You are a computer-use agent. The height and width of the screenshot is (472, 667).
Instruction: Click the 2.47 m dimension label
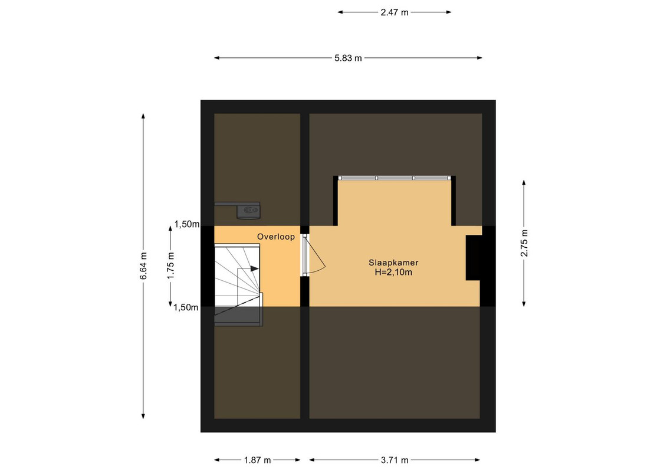click(x=395, y=12)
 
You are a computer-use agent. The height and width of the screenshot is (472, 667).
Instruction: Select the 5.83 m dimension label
click(x=348, y=58)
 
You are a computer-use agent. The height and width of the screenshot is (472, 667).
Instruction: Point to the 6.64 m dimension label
click(x=143, y=266)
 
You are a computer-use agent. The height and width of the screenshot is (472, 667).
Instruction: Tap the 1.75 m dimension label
click(x=170, y=266)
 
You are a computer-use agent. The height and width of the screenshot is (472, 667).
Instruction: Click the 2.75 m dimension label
click(x=524, y=243)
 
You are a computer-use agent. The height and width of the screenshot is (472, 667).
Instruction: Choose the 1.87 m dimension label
click(x=257, y=460)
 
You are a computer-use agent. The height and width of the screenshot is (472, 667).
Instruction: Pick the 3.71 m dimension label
click(x=395, y=460)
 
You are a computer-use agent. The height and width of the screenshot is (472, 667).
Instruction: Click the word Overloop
click(x=275, y=237)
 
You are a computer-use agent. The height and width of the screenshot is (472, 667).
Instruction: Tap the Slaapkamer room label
click(x=393, y=263)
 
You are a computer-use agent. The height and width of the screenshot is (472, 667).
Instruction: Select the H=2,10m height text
click(x=393, y=273)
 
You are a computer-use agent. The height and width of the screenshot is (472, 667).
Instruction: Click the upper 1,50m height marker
click(x=187, y=224)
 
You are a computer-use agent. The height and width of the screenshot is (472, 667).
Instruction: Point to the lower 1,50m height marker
click(x=186, y=307)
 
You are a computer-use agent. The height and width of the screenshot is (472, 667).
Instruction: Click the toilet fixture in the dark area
click(x=248, y=210)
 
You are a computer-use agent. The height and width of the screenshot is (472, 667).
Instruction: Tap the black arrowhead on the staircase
click(x=254, y=268)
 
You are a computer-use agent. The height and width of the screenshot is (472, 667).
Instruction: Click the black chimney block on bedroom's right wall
click(x=474, y=258)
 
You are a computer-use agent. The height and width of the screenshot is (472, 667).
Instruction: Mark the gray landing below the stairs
click(x=238, y=316)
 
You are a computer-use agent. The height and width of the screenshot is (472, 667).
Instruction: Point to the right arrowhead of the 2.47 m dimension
click(x=449, y=12)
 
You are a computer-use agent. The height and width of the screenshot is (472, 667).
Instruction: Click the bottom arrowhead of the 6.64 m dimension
click(x=143, y=417)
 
